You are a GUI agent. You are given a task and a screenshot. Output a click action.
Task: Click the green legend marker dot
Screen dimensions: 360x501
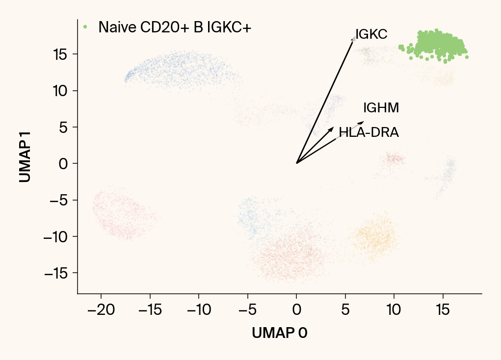[x=85, y=27]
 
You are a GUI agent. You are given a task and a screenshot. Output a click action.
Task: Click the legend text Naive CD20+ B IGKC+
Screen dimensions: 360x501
[x=175, y=27]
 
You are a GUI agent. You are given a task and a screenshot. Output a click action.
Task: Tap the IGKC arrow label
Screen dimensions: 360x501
[x=371, y=34]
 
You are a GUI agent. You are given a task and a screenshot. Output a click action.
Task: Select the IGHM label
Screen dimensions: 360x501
[x=381, y=108]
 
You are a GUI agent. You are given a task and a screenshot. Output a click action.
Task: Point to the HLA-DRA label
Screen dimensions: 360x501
[x=369, y=132]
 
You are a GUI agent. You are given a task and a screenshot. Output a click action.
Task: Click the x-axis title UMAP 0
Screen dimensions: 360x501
[x=280, y=333]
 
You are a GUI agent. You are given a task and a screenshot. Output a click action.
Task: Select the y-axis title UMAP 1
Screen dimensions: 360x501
[x=26, y=155]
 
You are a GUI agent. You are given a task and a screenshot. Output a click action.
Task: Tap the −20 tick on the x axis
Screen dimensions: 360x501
[x=101, y=310]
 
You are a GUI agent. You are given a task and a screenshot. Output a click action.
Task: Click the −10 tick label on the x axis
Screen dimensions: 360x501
[x=199, y=310]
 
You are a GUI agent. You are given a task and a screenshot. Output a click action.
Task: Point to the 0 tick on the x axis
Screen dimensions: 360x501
[x=296, y=310]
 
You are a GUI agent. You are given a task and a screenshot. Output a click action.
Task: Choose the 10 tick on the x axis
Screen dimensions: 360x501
[x=394, y=310]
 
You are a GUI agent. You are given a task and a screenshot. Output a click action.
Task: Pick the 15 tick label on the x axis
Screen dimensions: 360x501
[x=443, y=310]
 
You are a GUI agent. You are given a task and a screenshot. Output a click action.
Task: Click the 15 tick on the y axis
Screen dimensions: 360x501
[x=60, y=54]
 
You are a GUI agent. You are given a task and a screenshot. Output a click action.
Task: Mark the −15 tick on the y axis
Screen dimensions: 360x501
[x=57, y=273]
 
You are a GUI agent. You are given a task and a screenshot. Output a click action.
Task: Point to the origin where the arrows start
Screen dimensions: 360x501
[x=296, y=163]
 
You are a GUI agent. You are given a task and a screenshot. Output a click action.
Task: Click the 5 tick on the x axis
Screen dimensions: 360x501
[x=345, y=310]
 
